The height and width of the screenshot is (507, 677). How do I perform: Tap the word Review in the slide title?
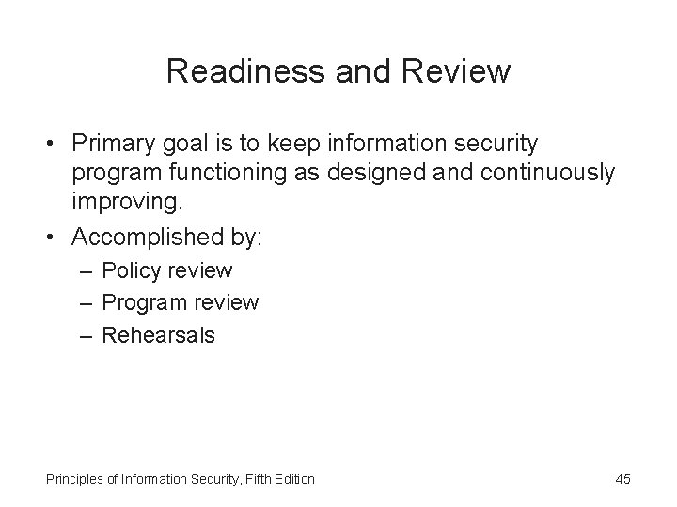[459, 71]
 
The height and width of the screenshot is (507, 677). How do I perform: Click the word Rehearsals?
[158, 334]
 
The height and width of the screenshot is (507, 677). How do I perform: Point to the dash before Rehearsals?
[87, 334]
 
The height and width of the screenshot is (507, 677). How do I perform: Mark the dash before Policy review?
[87, 271]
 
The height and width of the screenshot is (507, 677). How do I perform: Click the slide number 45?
[622, 479]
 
